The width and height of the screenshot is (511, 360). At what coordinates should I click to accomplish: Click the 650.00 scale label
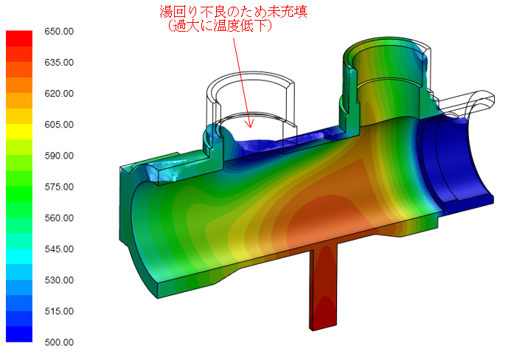[59, 32]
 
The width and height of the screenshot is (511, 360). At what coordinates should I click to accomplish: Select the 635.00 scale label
[59, 63]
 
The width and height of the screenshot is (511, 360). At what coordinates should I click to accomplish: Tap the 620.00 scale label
[59, 94]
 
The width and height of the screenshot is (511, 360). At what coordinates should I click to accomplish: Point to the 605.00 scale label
[59, 125]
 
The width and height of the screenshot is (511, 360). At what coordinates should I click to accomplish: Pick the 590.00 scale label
[59, 156]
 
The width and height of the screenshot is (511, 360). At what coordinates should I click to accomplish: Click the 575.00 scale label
[59, 187]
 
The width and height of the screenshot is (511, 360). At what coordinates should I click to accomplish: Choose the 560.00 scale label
[59, 218]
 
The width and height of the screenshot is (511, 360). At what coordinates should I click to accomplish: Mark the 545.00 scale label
[59, 249]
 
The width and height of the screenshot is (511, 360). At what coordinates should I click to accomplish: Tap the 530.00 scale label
[59, 280]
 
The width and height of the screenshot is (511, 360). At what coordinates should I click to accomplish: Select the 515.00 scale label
[59, 311]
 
